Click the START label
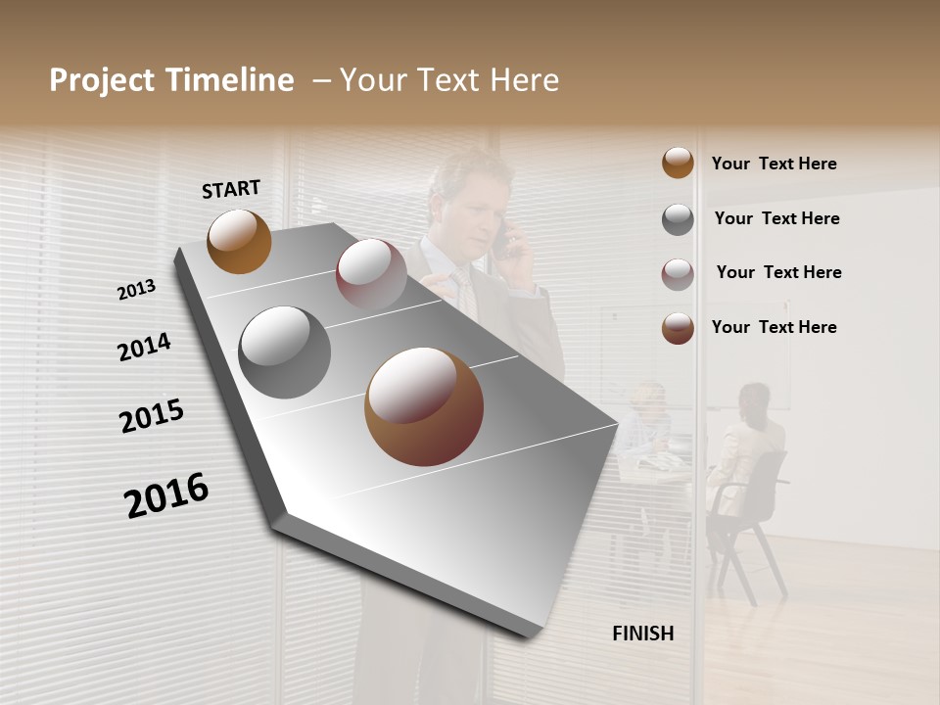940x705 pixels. pos(231,189)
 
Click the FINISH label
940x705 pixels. pos(643,634)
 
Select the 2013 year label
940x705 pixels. pos(137,290)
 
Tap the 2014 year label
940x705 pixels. pos(145,347)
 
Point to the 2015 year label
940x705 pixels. pos(152,416)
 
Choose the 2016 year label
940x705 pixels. pos(166,494)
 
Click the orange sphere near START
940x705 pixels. pos(239,241)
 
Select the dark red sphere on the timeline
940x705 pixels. pos(371,273)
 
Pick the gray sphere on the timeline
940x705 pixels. pos(285,352)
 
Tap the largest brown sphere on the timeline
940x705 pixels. pos(424,406)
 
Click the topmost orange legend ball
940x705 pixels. pos(678,163)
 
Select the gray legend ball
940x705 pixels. pos(678,219)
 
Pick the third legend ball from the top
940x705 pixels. pos(678,274)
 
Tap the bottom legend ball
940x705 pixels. pos(678,328)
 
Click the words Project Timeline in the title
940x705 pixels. pos(171,80)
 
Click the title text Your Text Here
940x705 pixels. pos(449,80)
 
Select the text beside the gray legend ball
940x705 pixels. pos(776,218)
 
